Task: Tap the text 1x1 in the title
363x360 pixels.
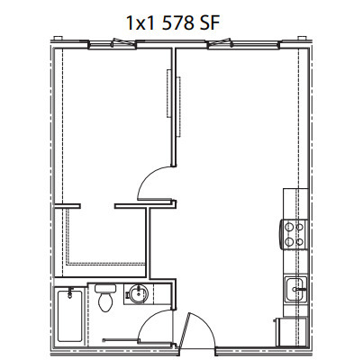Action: click(141, 23)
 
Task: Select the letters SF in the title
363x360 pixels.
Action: click(209, 22)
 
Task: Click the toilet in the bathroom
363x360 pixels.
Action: click(105, 298)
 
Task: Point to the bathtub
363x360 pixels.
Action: click(69, 316)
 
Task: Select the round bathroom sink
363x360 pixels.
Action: click(138, 293)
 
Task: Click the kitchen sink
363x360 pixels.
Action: click(296, 290)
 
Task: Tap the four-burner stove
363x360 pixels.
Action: click(294, 234)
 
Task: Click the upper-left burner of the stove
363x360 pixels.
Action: click(289, 227)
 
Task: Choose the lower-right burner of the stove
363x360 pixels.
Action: click(299, 241)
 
